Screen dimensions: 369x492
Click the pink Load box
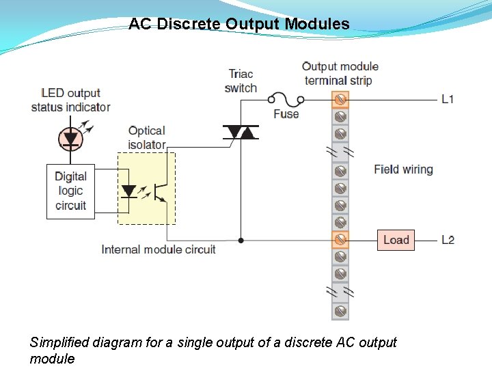tap(396, 240)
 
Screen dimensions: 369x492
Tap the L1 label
tap(447, 100)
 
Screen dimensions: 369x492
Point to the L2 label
tap(448, 240)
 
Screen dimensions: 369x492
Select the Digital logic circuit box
tap(70, 191)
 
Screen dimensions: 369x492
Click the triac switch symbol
tap(240, 132)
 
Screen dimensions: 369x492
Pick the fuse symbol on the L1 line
tap(285, 99)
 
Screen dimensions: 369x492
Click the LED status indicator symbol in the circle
tap(70, 138)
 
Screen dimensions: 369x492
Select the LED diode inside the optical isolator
tap(128, 191)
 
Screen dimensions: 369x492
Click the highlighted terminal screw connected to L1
tap(340, 100)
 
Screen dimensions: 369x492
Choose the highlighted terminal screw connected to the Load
tap(340, 240)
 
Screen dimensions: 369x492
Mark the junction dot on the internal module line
tap(241, 241)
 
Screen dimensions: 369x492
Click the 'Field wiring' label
tap(403, 169)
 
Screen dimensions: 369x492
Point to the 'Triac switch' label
tap(241, 81)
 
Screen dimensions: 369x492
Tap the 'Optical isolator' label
tap(147, 137)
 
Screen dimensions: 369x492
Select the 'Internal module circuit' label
tap(159, 249)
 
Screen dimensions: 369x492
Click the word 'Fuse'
tap(286, 114)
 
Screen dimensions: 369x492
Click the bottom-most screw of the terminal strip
tap(340, 311)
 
